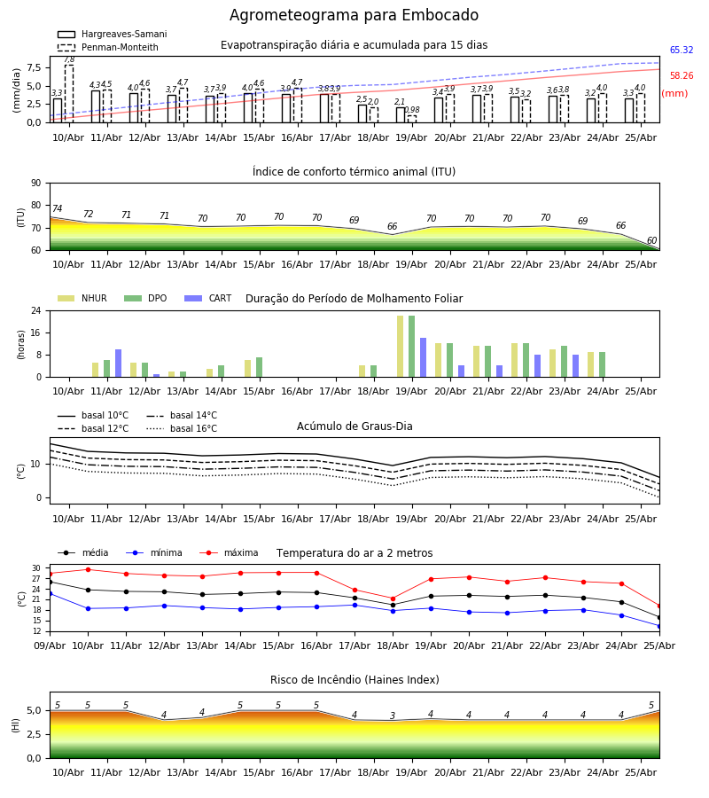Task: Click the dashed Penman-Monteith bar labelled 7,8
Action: tap(69, 94)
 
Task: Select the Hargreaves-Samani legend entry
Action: tap(112, 34)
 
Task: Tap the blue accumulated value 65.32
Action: tap(682, 50)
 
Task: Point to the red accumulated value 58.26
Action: tap(682, 76)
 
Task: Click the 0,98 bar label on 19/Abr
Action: tap(412, 110)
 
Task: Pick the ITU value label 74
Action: tap(57, 208)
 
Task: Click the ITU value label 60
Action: tap(651, 240)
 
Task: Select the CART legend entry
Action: tap(208, 298)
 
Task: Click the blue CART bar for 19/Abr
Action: tap(423, 358)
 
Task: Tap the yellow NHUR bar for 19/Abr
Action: tap(401, 347)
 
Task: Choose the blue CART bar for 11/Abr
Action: tap(119, 364)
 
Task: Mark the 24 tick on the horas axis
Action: tap(36, 310)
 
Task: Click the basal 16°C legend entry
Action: tap(182, 428)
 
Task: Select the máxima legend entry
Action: tap(229, 552)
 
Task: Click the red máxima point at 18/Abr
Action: tap(393, 599)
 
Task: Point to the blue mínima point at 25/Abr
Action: tap(659, 627)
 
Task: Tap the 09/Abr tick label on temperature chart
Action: tap(50, 645)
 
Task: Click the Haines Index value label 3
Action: tap(393, 716)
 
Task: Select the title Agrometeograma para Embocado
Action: tap(354, 15)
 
